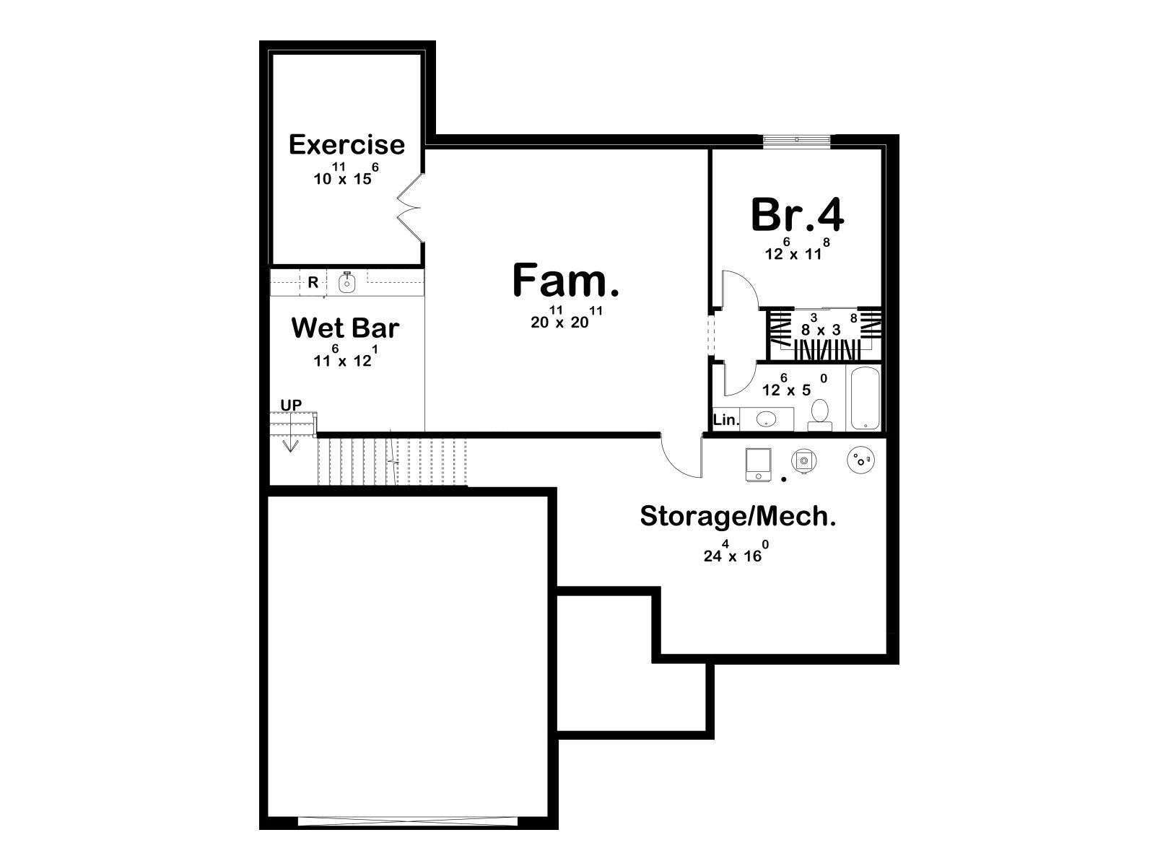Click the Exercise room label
(x=346, y=144)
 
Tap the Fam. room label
(x=566, y=281)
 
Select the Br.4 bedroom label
(x=797, y=214)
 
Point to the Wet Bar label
(x=345, y=328)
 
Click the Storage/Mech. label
(x=738, y=516)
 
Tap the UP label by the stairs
(x=291, y=406)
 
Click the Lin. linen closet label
(x=726, y=420)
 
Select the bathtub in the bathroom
(x=866, y=398)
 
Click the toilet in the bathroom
(x=820, y=416)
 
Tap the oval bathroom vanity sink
(x=766, y=419)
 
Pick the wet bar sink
(x=346, y=283)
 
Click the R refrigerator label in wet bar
(x=313, y=283)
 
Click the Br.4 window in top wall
(x=797, y=139)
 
